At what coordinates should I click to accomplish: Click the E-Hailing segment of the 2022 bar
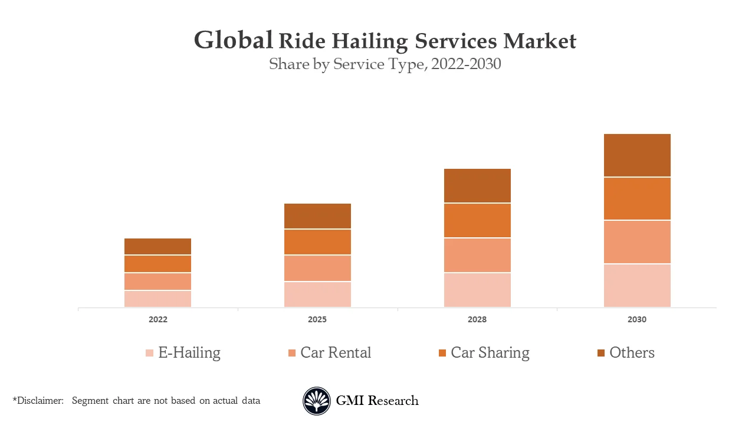click(157, 299)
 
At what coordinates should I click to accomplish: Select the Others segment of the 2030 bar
click(637, 155)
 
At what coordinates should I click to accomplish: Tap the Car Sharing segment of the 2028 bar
click(477, 221)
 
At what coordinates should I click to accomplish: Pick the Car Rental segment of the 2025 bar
click(317, 268)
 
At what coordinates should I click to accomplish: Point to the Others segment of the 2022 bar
click(157, 246)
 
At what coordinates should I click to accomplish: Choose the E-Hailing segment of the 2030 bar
click(637, 286)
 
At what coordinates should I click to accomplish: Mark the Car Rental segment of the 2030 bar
click(637, 242)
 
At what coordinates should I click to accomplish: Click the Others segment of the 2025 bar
click(317, 216)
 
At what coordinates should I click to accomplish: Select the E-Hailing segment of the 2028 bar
click(477, 290)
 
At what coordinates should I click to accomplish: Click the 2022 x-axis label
click(157, 319)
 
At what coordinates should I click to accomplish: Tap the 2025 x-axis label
click(317, 319)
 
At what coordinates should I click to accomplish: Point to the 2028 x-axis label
click(477, 319)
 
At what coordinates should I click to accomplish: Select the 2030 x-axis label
click(637, 319)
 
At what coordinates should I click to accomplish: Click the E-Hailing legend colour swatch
click(150, 353)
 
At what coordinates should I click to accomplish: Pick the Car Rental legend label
click(336, 352)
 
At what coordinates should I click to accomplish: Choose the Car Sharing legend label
click(490, 352)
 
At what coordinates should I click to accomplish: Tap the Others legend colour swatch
click(601, 353)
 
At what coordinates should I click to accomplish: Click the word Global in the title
click(234, 40)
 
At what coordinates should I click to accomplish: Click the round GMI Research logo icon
click(317, 401)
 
